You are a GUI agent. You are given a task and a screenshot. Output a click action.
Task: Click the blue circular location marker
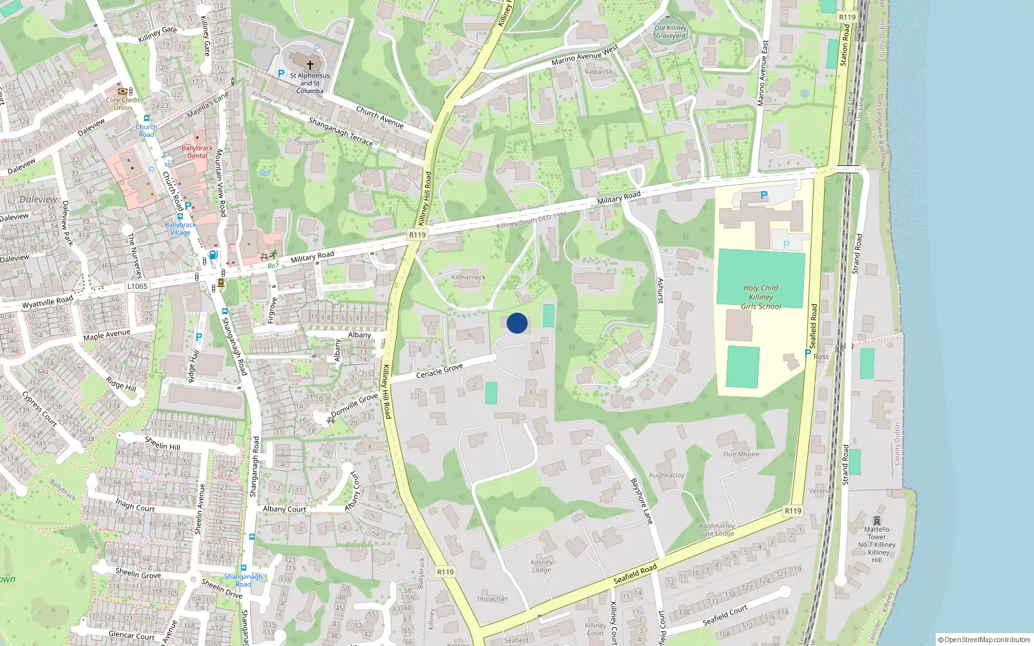[x=517, y=323]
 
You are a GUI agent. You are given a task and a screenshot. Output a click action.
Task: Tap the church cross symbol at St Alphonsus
[x=310, y=65]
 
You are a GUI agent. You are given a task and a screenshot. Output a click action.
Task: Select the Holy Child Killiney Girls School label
[x=761, y=297]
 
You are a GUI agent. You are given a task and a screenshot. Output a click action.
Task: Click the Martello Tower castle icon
[x=876, y=521]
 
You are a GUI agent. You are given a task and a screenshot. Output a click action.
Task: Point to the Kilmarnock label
[x=469, y=277]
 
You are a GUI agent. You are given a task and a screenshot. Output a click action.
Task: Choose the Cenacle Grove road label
[x=439, y=371]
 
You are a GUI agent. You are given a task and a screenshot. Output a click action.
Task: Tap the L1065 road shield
[x=137, y=286]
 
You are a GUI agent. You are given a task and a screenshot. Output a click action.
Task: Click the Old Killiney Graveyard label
[x=670, y=32]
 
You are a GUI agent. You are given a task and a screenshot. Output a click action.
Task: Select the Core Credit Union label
[x=123, y=103]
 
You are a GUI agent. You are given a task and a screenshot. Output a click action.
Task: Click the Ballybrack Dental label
[x=197, y=152]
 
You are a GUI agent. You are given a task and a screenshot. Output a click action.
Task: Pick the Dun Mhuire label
[x=741, y=454]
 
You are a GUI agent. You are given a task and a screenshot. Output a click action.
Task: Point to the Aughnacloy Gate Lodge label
[x=717, y=530]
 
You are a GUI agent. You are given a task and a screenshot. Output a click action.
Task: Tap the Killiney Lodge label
[x=542, y=566]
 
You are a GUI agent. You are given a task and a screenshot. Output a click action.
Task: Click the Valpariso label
[x=598, y=72]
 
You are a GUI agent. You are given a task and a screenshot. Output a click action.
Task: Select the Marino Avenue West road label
[x=585, y=56]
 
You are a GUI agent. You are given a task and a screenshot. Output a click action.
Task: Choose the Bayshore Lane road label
[x=642, y=501]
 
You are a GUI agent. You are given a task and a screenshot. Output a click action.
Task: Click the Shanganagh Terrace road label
[x=341, y=131]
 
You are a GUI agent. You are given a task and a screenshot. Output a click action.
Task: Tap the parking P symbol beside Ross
[x=807, y=353]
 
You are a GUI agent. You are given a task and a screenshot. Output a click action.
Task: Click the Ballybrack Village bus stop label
[x=180, y=229]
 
